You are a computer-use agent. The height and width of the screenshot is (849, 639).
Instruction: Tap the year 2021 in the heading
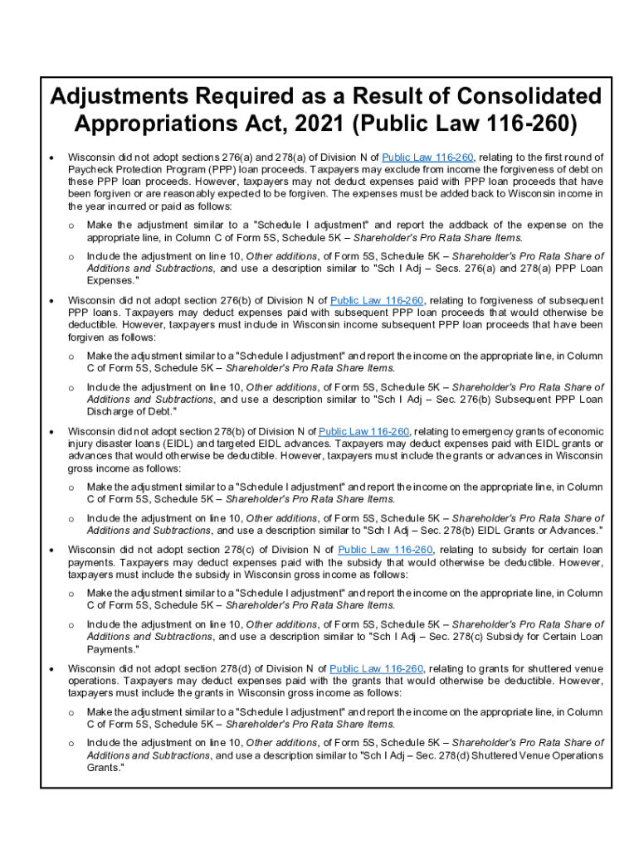[310, 124]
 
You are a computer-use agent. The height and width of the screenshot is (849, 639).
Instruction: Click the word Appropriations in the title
[154, 124]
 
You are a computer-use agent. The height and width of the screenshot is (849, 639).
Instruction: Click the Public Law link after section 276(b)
[377, 300]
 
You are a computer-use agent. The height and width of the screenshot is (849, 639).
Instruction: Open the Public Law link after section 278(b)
[364, 431]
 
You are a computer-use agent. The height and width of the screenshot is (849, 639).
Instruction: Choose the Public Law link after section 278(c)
[385, 550]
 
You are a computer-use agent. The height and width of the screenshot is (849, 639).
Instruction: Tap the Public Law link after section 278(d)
[377, 668]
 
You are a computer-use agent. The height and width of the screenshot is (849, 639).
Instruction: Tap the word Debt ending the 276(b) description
[159, 412]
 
